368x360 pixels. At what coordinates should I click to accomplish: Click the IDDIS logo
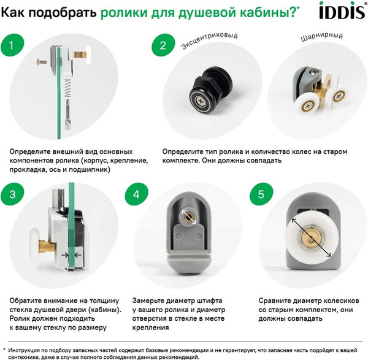tap(339, 12)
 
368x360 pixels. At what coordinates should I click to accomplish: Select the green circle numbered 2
tap(163, 45)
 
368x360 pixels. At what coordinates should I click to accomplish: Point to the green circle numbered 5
tap(261, 195)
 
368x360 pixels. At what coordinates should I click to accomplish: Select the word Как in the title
tap(18, 12)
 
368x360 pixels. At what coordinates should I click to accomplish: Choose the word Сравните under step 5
tap(271, 301)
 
